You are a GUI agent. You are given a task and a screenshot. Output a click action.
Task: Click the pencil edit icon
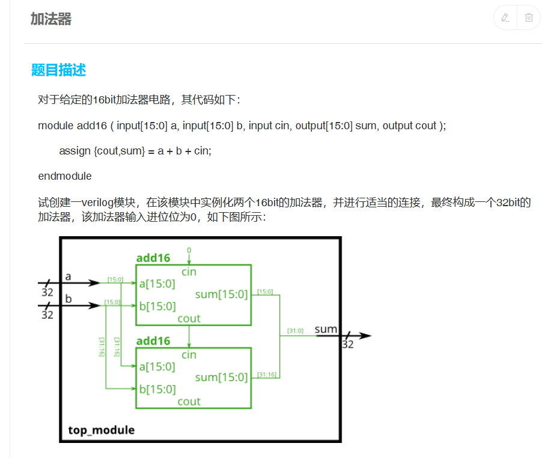click(x=505, y=18)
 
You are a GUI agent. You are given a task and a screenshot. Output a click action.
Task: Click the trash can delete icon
click(x=529, y=18)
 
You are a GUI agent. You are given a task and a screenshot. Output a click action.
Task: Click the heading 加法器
click(x=51, y=19)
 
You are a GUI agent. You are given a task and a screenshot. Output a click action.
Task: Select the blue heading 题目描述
click(x=59, y=70)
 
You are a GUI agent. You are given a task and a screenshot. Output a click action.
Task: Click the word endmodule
click(x=65, y=176)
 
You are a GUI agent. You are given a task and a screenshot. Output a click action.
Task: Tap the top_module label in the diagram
click(x=101, y=430)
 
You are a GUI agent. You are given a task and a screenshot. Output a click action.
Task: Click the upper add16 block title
click(x=153, y=258)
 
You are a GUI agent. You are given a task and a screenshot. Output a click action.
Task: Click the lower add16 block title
click(x=153, y=341)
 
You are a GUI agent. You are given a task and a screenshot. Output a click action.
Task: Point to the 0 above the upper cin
click(x=189, y=249)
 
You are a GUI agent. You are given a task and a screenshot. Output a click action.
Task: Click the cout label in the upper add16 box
click(x=189, y=318)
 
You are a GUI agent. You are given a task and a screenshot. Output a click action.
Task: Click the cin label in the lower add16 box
click(x=189, y=355)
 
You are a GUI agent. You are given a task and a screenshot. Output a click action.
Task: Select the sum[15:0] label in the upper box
click(x=221, y=295)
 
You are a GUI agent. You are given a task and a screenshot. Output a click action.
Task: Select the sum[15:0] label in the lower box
click(x=221, y=377)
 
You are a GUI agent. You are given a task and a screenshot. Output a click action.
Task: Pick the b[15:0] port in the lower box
click(x=157, y=389)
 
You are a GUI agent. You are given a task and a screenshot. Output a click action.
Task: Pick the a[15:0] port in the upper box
click(x=157, y=284)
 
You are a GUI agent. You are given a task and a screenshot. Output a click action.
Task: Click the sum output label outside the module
click(x=326, y=329)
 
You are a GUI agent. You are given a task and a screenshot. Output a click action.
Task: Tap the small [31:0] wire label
click(x=295, y=331)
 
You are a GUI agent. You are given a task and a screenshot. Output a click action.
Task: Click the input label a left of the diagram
click(x=68, y=276)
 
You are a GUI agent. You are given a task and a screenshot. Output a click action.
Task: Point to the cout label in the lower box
click(x=189, y=401)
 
